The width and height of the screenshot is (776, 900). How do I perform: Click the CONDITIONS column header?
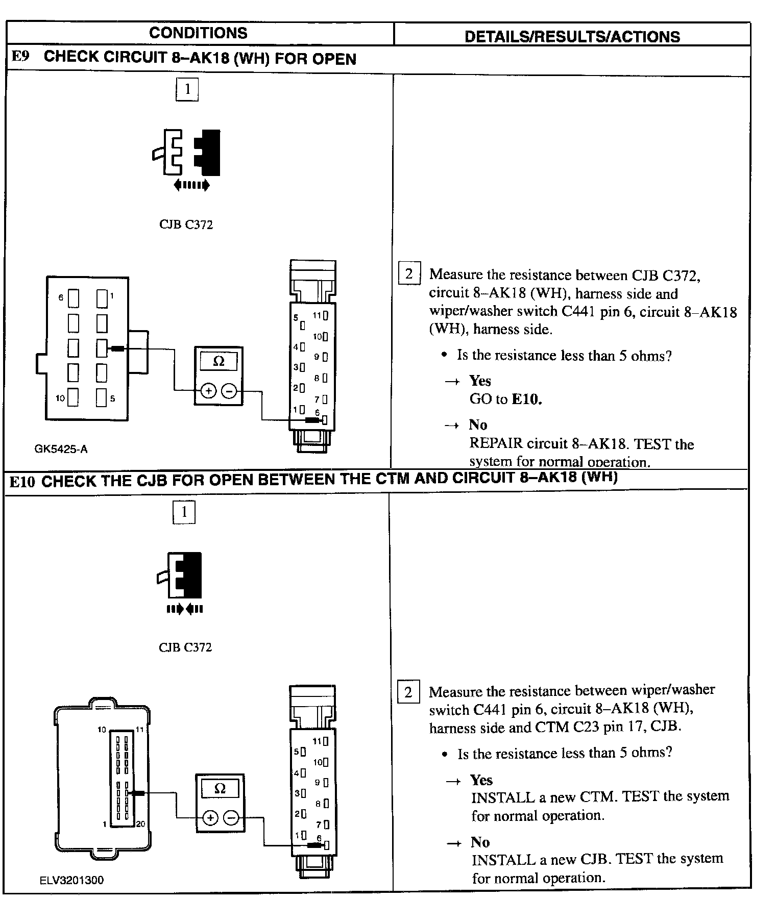(x=198, y=33)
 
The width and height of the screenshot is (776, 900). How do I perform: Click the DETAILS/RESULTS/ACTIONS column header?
(x=572, y=36)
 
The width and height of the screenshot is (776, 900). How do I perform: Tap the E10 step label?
(x=21, y=481)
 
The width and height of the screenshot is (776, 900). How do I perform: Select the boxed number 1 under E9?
(x=187, y=89)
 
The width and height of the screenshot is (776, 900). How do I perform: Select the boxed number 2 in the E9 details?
(x=409, y=273)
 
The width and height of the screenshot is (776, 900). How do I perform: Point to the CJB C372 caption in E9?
(x=186, y=224)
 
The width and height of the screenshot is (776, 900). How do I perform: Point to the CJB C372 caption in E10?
(x=185, y=647)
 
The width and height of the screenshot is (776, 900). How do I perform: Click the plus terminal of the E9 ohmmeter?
(x=208, y=391)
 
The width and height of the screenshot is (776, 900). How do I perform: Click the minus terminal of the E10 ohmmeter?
(x=231, y=818)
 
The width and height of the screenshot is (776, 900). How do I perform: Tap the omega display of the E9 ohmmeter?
(x=219, y=361)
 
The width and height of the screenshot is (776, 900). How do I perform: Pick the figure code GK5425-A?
(x=61, y=449)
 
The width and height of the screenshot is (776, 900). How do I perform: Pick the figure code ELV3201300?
(x=71, y=880)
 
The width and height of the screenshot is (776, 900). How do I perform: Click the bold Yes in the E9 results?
(x=480, y=381)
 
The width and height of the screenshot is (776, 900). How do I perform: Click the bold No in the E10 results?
(x=480, y=842)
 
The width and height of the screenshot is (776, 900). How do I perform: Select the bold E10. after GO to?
(x=526, y=399)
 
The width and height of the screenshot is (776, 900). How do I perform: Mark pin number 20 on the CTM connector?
(x=140, y=824)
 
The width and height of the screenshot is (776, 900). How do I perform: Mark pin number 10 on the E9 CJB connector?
(x=60, y=398)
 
